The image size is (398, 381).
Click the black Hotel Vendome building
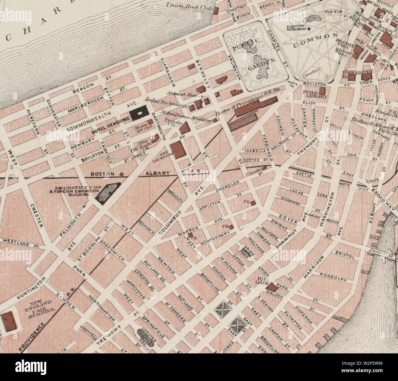tap(140, 113)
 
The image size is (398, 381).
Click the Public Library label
tap(310, 94)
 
